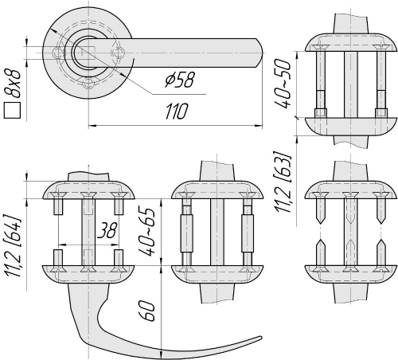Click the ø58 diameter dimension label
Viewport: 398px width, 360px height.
179,79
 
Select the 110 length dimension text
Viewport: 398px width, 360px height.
177,112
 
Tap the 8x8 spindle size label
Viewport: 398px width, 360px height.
12,84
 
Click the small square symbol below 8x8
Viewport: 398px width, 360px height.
12,110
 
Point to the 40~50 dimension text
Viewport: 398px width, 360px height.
283,84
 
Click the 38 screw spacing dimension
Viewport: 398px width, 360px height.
107,230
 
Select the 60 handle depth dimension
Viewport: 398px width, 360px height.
146,311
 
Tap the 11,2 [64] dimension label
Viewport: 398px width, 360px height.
12,247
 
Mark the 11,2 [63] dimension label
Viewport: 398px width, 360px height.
283,182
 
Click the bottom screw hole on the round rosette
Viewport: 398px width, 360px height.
88,83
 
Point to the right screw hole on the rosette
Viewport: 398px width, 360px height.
118,53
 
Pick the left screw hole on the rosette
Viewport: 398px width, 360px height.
57,53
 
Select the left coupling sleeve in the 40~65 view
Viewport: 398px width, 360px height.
186,233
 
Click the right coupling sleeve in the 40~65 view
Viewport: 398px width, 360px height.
248,233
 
